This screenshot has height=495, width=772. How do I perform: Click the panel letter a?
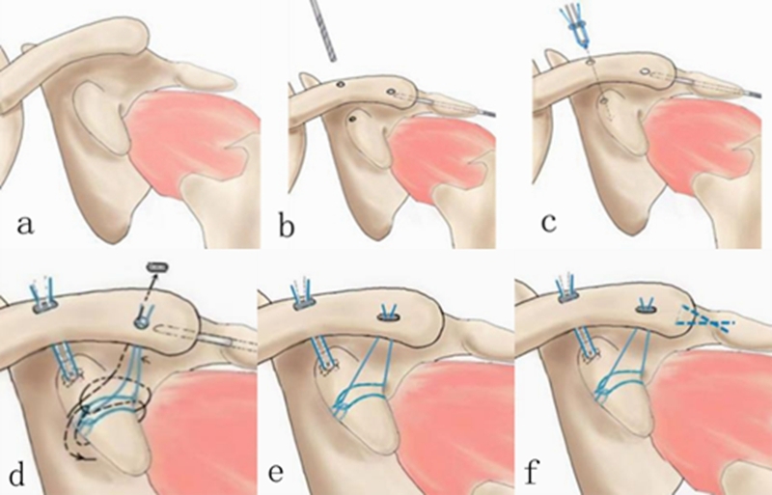26,225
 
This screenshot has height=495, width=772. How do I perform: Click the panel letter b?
287,228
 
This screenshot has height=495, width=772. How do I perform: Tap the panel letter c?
548,223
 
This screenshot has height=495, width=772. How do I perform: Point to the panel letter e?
276,473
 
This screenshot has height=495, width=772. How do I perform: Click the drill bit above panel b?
323,31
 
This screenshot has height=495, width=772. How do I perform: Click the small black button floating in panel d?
157,267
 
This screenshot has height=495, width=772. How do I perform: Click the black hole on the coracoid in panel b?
351,120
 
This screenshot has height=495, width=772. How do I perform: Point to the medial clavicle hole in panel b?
341,85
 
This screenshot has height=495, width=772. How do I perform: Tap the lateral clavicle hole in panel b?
391,91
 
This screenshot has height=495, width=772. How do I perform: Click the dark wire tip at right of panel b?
488,114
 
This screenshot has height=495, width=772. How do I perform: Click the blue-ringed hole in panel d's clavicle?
141,322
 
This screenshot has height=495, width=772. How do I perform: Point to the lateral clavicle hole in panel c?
644,72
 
